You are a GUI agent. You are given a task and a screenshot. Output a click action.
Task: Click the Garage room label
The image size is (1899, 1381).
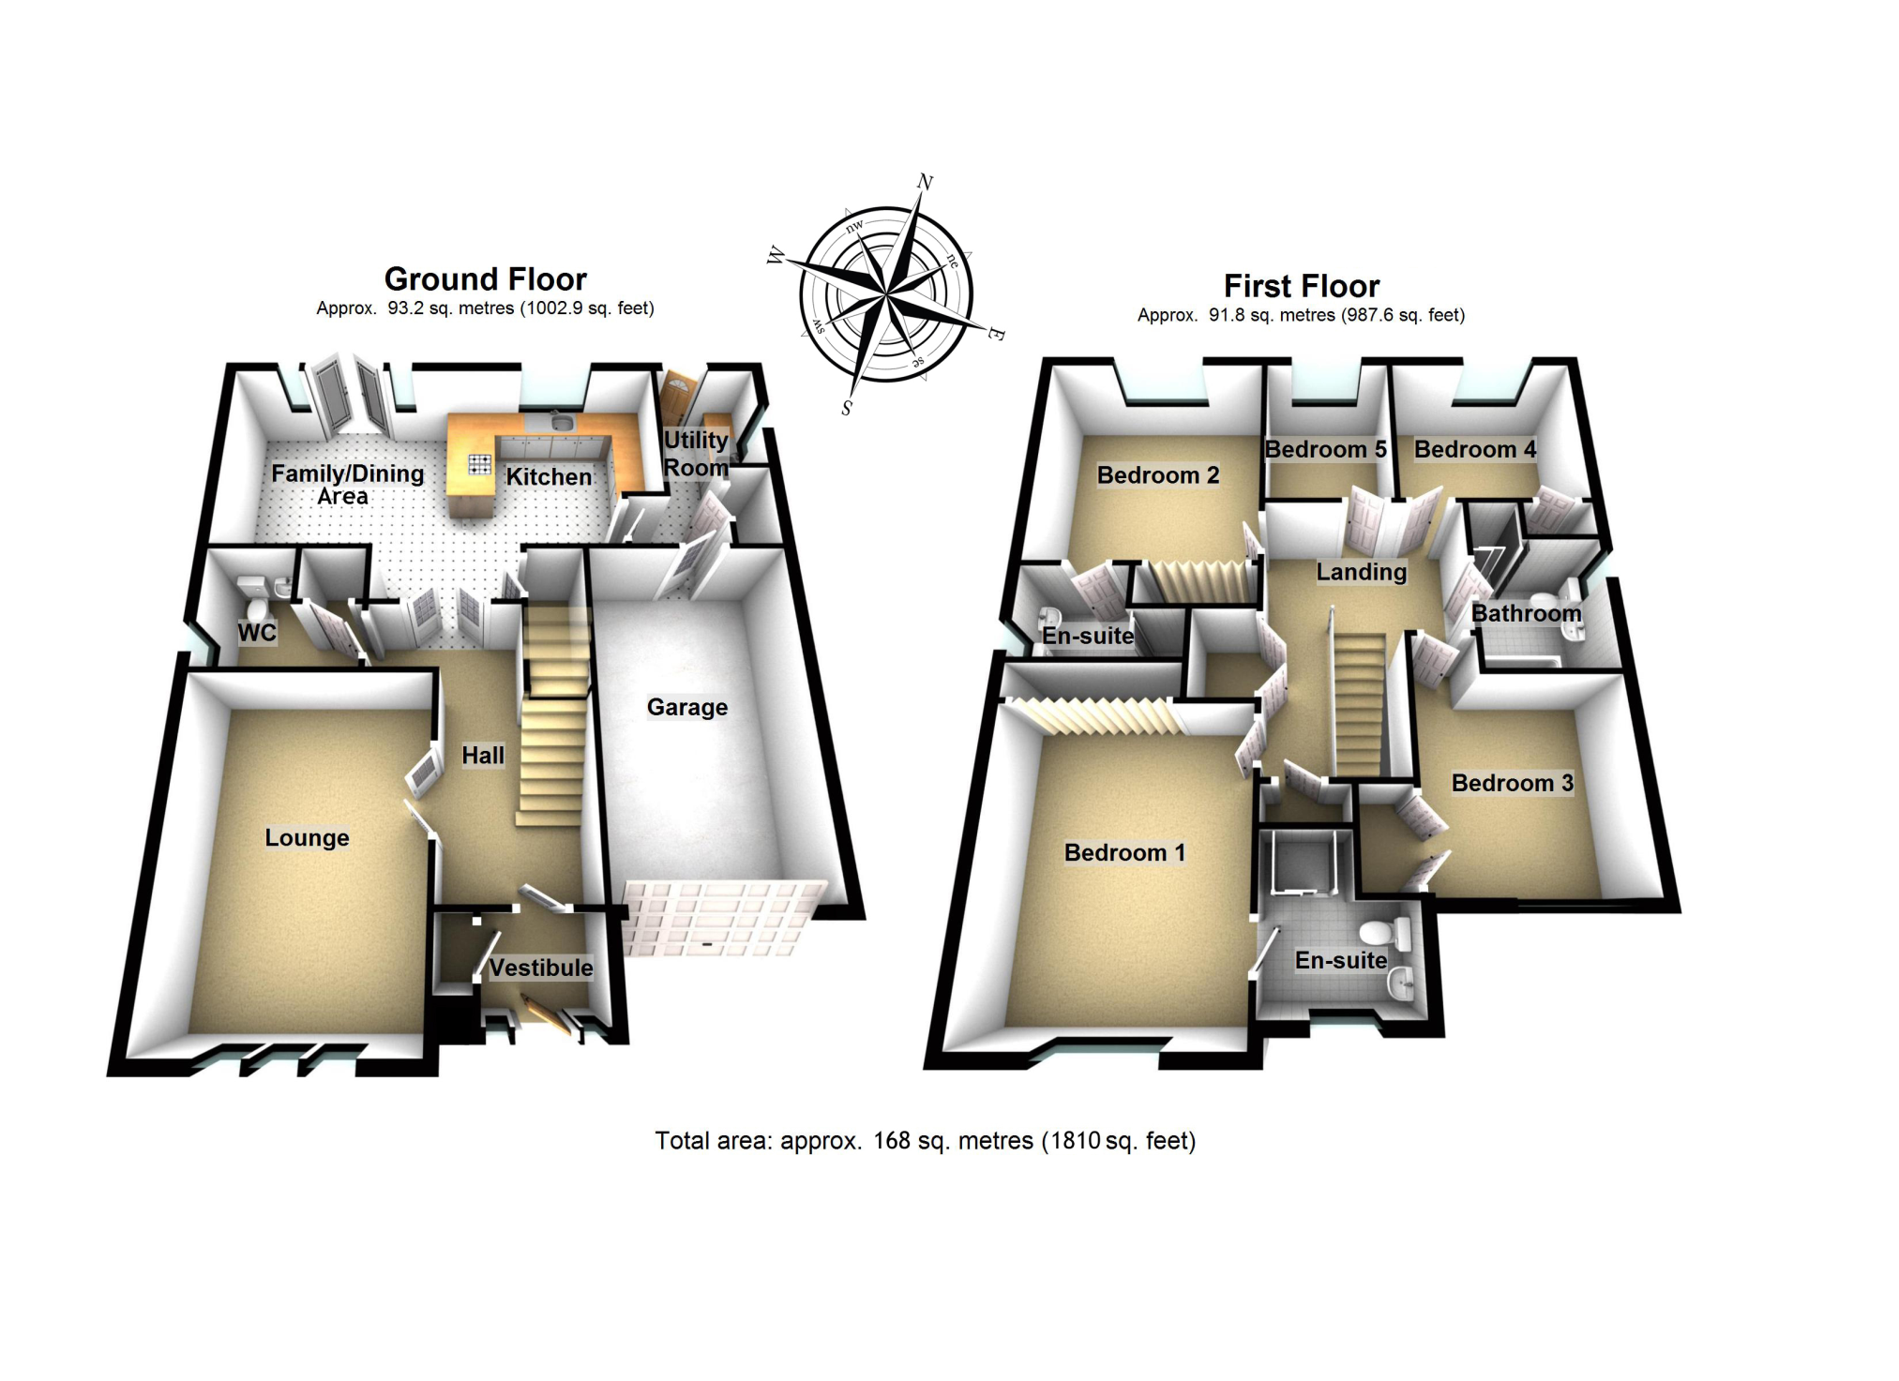[686, 707]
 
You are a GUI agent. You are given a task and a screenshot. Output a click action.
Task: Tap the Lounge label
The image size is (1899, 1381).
[307, 837]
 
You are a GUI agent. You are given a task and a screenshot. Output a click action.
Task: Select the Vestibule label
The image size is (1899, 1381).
[541, 968]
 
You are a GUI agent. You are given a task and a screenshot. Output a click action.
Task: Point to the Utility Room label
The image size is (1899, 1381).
[696, 454]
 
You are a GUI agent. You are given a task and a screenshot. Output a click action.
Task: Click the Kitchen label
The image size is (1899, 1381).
[549, 476]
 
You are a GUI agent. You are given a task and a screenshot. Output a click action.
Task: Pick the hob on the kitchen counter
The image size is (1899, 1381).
[479, 463]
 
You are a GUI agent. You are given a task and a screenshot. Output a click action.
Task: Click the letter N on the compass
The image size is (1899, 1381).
[925, 182]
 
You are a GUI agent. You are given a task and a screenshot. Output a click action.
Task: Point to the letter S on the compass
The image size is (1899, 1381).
[847, 408]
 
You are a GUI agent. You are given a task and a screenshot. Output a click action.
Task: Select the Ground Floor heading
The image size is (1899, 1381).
[485, 279]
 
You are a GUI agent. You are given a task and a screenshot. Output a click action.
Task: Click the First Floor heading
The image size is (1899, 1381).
[1302, 286]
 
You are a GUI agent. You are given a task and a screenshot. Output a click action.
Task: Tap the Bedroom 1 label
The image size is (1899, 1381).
[1124, 852]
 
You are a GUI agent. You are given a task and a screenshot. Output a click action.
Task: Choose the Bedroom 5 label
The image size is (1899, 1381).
[1325, 449]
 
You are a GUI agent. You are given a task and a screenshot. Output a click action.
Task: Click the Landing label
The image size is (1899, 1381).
[1361, 572]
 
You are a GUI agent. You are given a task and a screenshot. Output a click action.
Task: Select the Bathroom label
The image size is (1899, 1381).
[1526, 613]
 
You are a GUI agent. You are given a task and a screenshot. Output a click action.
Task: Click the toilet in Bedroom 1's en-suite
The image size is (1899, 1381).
[1379, 933]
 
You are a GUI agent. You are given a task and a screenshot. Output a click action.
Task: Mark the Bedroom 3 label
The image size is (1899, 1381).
[1512, 783]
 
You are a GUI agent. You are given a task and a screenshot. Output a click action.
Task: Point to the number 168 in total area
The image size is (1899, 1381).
[892, 1141]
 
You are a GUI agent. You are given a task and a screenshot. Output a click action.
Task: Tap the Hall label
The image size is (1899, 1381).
[483, 755]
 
